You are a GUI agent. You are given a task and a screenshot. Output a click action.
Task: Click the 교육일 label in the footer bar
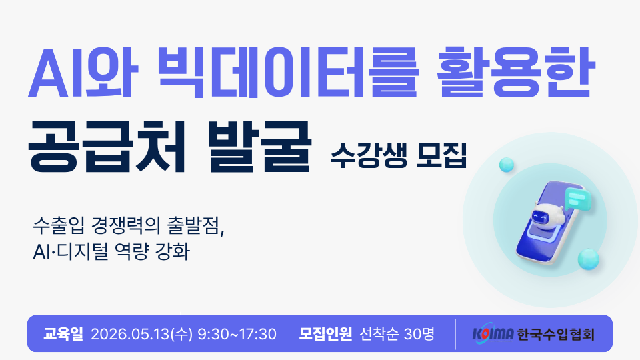pyautogui.click(x=62, y=333)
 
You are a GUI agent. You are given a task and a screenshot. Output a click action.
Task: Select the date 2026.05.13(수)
pyautogui.click(x=141, y=333)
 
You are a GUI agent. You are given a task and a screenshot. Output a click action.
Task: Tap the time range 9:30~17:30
pyautogui.click(x=237, y=333)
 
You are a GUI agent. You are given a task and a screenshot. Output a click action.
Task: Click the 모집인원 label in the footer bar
pyautogui.click(x=325, y=333)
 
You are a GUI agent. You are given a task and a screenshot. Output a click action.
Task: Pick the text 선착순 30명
pyautogui.click(x=397, y=333)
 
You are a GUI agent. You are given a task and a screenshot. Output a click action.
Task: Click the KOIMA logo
pyautogui.click(x=492, y=333)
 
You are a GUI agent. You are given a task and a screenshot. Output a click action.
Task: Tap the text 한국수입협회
pyautogui.click(x=555, y=333)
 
